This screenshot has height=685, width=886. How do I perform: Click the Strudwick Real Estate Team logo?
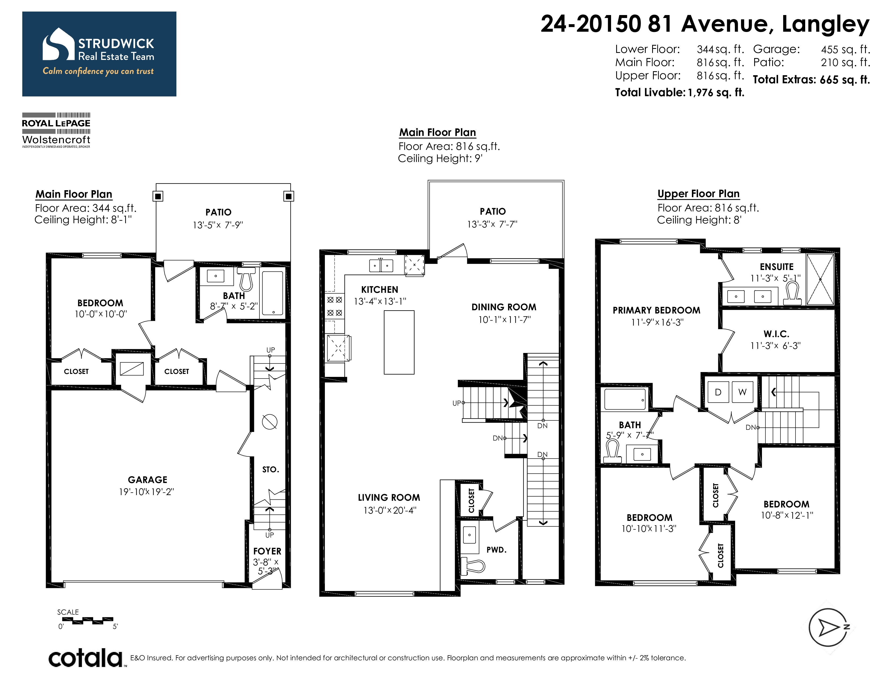coord(99,54)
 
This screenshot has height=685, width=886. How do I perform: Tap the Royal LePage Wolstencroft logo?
coord(56,130)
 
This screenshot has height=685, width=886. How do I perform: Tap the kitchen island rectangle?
coord(399,342)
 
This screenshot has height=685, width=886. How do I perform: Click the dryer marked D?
coord(718,392)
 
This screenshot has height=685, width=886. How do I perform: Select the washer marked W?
coord(742,392)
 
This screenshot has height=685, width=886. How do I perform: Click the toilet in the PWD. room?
coord(473,566)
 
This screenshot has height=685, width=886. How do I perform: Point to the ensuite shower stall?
coord(820,279)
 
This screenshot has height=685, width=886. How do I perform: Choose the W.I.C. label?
coord(776,334)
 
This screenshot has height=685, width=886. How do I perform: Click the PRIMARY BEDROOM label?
coord(656,311)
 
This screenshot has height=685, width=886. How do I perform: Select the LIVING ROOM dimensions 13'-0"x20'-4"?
coord(390,510)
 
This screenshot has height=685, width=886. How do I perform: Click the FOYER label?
coord(267,551)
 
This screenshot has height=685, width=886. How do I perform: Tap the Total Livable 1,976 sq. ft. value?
coord(716,92)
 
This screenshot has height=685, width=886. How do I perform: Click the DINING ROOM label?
coord(504,307)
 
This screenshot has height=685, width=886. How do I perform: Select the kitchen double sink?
coord(381,265)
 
